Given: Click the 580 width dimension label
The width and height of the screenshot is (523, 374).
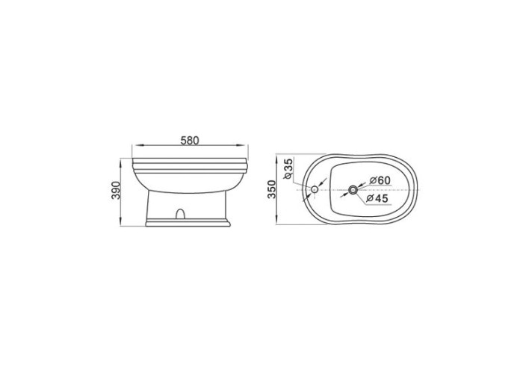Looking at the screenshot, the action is tap(190, 141).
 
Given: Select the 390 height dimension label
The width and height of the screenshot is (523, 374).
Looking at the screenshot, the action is tap(115, 190).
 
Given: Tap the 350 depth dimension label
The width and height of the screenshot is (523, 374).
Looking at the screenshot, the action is tap(272, 189).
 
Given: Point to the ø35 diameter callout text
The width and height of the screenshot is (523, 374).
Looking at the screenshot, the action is tap(288, 168).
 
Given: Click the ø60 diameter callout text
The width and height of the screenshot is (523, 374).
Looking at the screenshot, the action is tap(380, 180).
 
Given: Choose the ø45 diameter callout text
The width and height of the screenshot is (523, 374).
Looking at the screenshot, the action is tap(377, 198).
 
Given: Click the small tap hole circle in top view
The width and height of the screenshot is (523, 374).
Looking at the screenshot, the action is tap(315, 189).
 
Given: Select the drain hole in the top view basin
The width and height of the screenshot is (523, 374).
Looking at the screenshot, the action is tap(353, 190).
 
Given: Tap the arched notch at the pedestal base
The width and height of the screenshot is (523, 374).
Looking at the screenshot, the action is tap(180, 214).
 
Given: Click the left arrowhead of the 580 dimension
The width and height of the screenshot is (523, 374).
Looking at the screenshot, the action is tap(137, 145).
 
